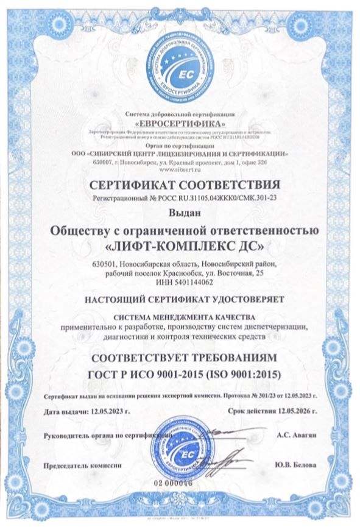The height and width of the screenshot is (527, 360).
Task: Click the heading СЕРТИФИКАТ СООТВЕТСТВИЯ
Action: coord(180,184)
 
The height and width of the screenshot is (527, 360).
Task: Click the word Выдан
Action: coord(180,213)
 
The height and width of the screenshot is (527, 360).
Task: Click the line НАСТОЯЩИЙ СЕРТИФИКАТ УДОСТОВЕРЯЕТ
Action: coord(180,299)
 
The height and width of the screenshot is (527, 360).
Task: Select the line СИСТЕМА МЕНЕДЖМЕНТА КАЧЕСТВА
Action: coord(180,317)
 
